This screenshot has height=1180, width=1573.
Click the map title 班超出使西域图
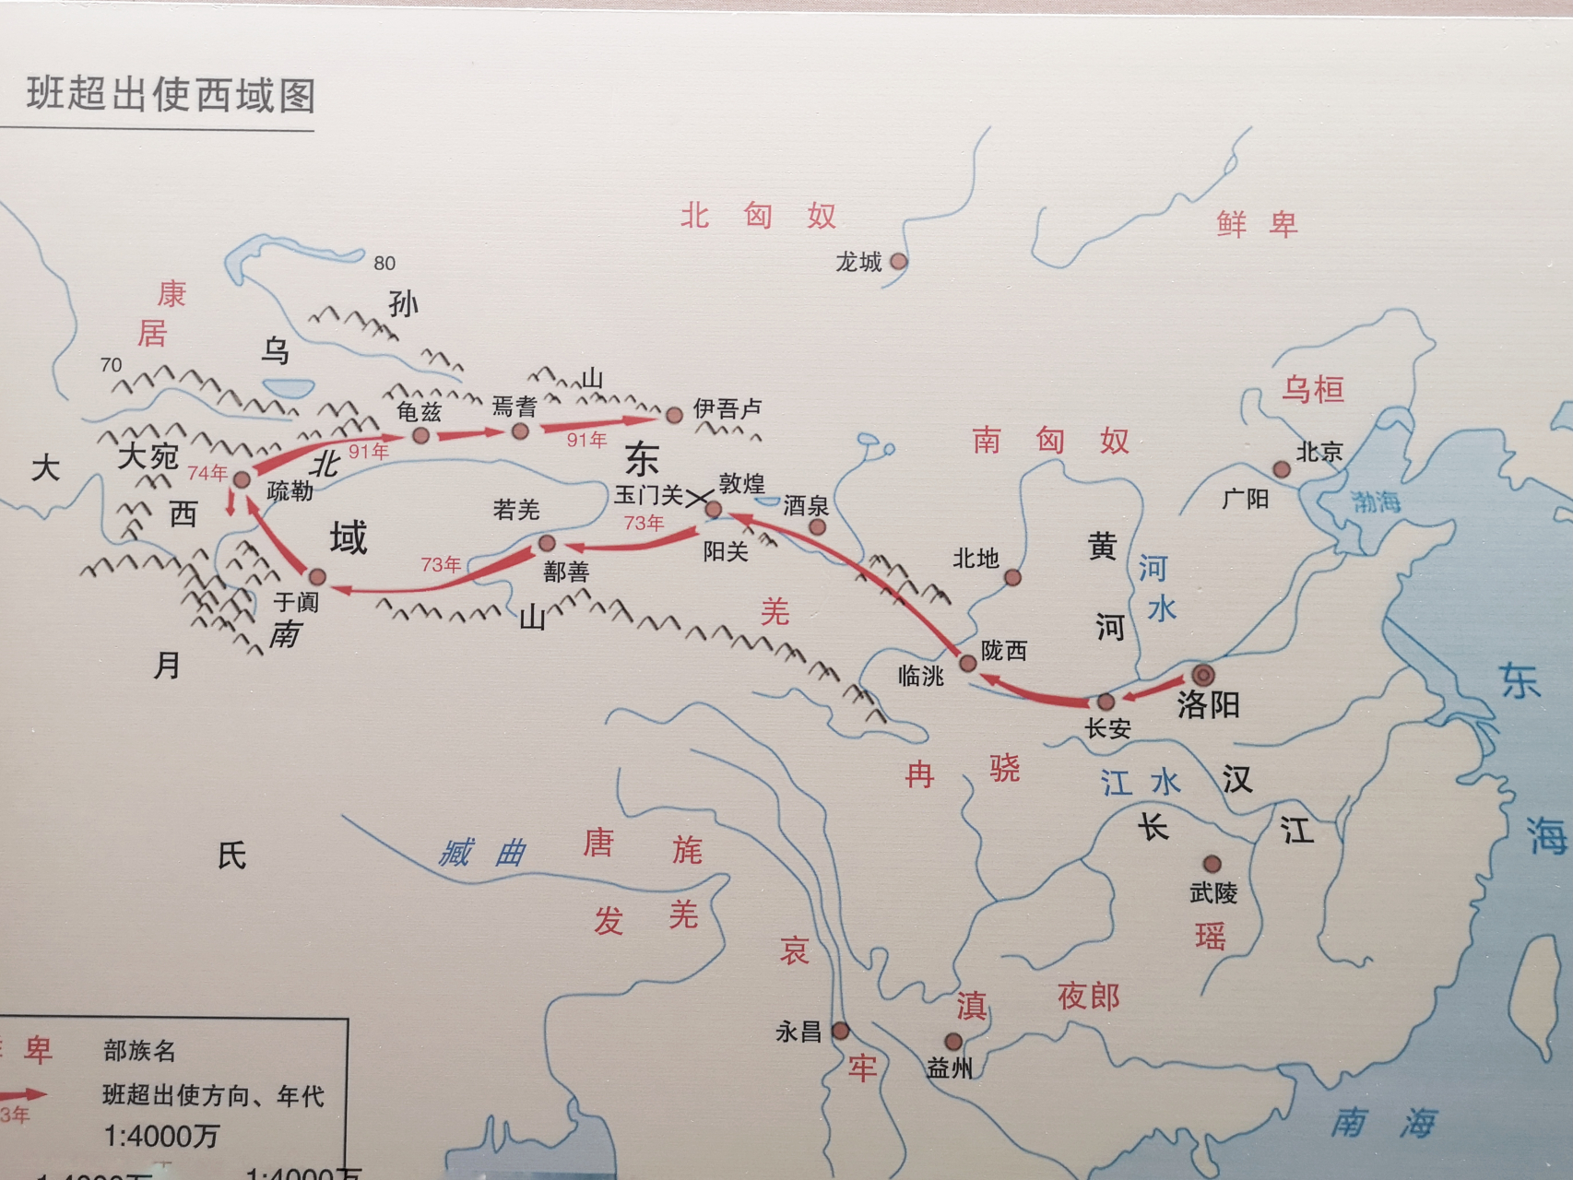coord(171,95)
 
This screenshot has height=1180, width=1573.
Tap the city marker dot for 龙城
coord(898,262)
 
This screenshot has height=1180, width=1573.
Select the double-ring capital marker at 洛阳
coord(1203,675)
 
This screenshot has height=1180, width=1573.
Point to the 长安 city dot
coord(1106,702)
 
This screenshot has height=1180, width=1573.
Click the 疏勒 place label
coord(290,491)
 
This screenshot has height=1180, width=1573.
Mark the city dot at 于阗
coord(317,577)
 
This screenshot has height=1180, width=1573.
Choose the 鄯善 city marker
coord(547,543)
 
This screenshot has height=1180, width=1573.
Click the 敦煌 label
coord(742,483)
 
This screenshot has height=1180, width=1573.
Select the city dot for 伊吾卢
coord(674,415)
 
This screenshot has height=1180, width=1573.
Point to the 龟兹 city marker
coord(421,435)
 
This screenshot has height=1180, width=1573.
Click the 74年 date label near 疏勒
coord(207,473)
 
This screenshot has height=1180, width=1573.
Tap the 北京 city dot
coord(1282,469)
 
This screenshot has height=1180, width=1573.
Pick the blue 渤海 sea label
coord(1376,502)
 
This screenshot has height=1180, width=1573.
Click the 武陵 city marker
coord(1212,864)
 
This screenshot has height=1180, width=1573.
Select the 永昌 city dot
coord(840,1031)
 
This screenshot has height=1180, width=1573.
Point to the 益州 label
coord(949,1068)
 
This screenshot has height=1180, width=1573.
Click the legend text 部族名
coord(139,1050)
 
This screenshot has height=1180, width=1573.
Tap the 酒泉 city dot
coord(817,527)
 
